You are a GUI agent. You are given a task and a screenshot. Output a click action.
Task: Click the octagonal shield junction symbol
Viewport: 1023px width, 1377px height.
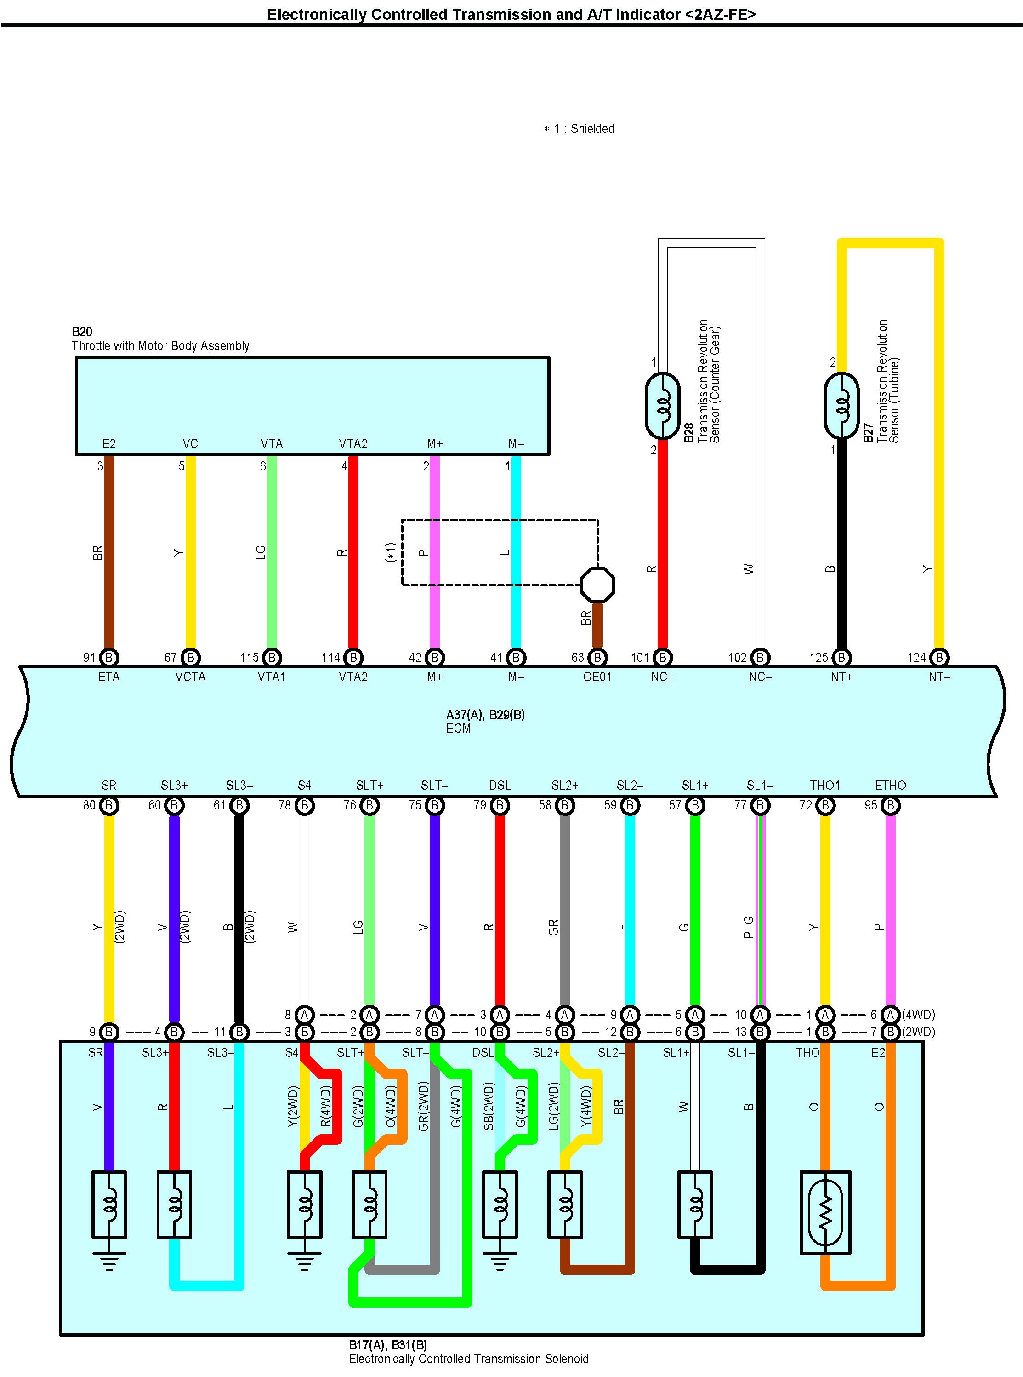597,585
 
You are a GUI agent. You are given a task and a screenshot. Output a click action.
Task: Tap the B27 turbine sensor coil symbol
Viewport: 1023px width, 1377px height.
841,406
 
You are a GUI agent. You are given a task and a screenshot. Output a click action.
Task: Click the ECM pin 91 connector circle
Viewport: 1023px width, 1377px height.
109,658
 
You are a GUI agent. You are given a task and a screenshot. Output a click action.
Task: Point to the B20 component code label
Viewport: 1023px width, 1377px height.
82,332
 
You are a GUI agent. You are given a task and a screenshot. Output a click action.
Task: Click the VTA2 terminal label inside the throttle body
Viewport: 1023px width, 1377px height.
353,444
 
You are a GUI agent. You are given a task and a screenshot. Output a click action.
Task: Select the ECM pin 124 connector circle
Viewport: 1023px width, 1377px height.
939,658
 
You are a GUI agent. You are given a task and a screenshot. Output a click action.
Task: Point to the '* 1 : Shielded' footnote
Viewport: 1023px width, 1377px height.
579,129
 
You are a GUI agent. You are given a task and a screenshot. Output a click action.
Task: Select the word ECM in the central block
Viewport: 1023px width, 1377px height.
458,729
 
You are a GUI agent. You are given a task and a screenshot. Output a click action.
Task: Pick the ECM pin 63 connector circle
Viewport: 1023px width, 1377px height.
597,658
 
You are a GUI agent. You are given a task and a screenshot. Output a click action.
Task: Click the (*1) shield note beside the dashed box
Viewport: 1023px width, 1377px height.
390,552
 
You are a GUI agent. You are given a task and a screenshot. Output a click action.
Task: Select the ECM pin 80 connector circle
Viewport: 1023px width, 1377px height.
109,806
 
